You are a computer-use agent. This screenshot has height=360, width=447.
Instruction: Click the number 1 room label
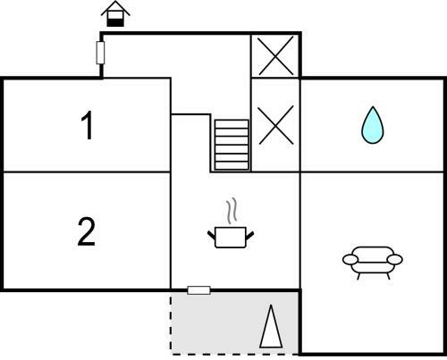point(87,125)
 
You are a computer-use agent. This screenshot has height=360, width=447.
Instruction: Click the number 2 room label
point(87,231)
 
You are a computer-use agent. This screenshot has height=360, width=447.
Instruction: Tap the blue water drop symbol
point(373,125)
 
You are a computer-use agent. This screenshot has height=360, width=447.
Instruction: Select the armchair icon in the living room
point(373,263)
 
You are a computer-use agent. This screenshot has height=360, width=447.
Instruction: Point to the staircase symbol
point(232,145)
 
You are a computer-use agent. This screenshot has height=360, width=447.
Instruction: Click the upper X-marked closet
point(276,55)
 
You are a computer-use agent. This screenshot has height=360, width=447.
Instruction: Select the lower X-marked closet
point(276,125)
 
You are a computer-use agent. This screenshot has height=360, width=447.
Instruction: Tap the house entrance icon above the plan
point(115,14)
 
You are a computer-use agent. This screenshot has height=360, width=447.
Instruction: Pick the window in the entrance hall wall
point(100,53)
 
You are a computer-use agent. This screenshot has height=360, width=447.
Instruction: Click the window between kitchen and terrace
point(198,290)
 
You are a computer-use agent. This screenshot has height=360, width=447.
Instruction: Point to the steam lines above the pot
point(232,211)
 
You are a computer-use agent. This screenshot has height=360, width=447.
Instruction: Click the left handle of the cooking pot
point(211,235)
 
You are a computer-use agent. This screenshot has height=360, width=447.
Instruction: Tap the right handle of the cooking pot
point(249,235)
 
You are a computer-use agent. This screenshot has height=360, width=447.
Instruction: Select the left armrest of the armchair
point(350,260)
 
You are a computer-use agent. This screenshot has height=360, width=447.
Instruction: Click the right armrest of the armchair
point(395,260)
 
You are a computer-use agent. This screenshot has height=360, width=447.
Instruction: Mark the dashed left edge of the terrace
point(171,323)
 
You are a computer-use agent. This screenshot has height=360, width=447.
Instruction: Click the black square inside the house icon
point(115,22)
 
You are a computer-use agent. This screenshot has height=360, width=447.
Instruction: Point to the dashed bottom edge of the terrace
point(235,355)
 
